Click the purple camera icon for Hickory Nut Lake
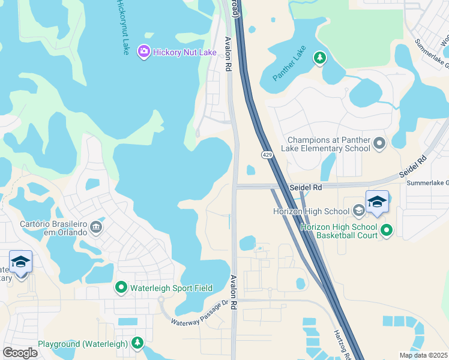pos(143,52)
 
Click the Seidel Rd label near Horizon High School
pos(306,187)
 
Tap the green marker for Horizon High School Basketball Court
pos(387,229)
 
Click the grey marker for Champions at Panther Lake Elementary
pos(379,144)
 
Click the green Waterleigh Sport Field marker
pos(121,288)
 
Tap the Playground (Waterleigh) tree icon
pos(138,343)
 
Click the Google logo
pos(20,353)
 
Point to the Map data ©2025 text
pos(424,355)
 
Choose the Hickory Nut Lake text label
pos(184,52)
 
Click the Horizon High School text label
pos(319,211)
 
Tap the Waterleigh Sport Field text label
pos(170,288)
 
